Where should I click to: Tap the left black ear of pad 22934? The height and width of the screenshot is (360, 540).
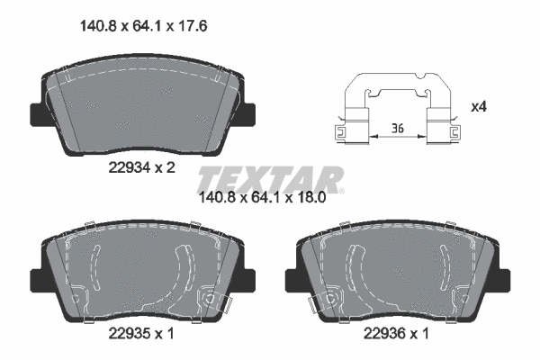point(38,114)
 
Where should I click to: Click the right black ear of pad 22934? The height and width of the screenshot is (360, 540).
point(247,114)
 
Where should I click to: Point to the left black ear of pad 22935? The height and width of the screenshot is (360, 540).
point(38,280)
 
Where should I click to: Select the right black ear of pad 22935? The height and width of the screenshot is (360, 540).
point(247,280)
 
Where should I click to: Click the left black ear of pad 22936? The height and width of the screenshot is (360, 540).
point(292,280)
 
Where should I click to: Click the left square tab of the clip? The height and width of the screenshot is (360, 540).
point(341,131)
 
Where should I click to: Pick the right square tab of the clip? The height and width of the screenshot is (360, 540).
point(442,131)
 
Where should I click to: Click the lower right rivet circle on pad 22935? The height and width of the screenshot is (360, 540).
point(211,297)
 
